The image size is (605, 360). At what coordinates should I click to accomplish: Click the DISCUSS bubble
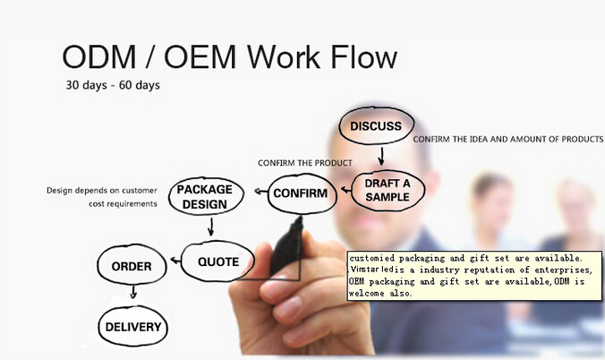376,126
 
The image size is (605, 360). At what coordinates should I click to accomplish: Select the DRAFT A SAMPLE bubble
387,190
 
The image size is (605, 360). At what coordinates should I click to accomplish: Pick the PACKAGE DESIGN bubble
204,197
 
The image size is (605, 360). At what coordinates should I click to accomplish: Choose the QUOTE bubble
218,262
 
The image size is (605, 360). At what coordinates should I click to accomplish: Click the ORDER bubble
132,266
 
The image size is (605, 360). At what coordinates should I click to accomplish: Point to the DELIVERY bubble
133,327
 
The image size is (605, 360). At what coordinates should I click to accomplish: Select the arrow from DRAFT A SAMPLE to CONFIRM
347,192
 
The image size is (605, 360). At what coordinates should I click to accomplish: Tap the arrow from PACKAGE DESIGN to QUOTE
211,228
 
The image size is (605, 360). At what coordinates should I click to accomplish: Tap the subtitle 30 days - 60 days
113,87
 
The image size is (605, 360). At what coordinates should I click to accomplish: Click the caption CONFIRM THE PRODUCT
304,163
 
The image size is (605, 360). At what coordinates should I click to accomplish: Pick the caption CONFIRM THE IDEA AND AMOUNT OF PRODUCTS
507,139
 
